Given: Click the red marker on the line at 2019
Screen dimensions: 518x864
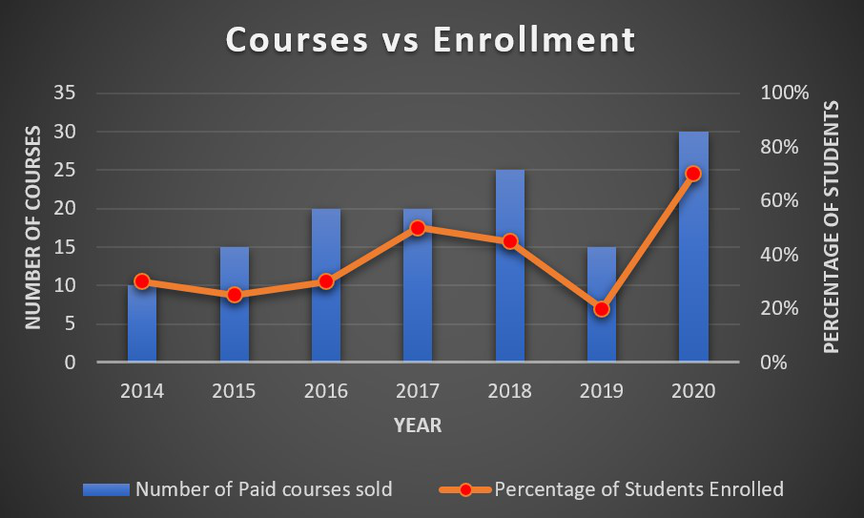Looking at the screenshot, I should pos(601,309).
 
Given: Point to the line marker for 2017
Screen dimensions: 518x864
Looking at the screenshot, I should pos(418,228).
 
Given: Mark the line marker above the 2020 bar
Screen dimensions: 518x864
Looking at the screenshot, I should pos(693,174).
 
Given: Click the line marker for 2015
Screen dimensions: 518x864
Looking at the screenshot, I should pos(234,295).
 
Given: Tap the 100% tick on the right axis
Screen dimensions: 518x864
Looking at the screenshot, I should pos(785,93).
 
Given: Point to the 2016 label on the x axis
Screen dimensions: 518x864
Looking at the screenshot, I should pos(325,391).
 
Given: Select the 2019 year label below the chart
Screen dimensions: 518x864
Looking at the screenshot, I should pos(601,391).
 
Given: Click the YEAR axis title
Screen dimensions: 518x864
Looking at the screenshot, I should pos(418,425).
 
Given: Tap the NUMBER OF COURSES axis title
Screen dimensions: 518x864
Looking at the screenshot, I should pos(32,227).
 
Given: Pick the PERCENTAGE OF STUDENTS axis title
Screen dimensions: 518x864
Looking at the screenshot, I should pos(832,227).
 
